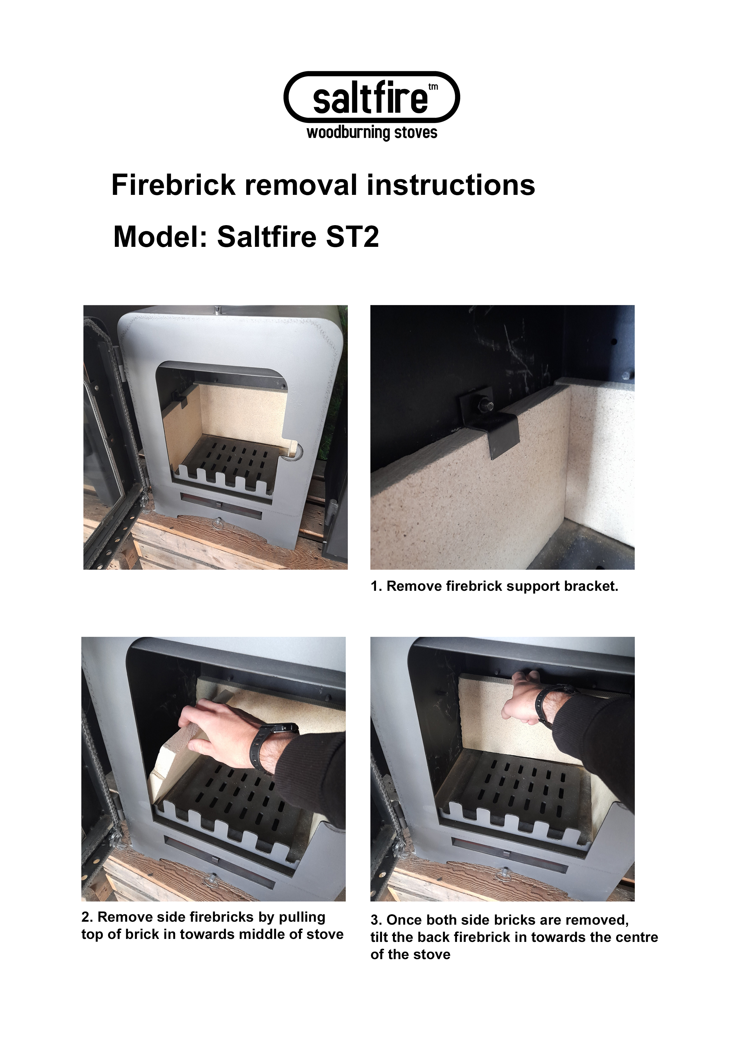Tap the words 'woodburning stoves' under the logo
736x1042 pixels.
click(372, 132)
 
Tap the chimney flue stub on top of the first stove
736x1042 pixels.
click(218, 310)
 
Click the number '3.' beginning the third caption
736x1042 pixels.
click(376, 920)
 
